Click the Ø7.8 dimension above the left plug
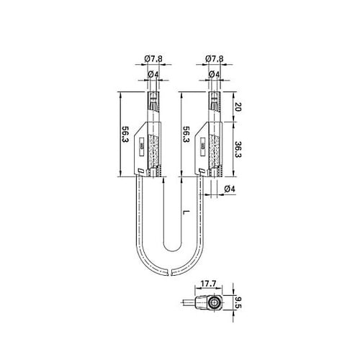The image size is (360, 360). (153, 59)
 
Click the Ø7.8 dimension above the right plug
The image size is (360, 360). (215, 59)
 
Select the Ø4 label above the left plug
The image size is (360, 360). (153, 75)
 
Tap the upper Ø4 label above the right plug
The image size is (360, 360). (214, 75)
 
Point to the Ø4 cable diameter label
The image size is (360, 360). (230, 189)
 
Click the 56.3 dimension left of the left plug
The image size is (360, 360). (125, 134)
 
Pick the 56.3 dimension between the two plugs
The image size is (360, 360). (186, 134)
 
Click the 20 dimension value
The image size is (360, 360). (238, 107)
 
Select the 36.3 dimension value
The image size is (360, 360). (238, 149)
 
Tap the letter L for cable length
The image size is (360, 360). (186, 212)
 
